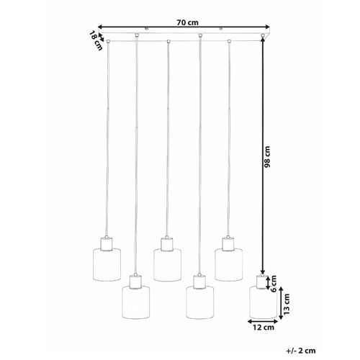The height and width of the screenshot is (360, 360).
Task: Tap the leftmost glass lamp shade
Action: [106, 263]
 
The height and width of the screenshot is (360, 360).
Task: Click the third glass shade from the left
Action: [167, 263]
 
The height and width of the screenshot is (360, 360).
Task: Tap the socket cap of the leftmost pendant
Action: [106, 241]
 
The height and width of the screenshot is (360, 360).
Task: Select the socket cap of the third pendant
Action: [167, 241]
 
